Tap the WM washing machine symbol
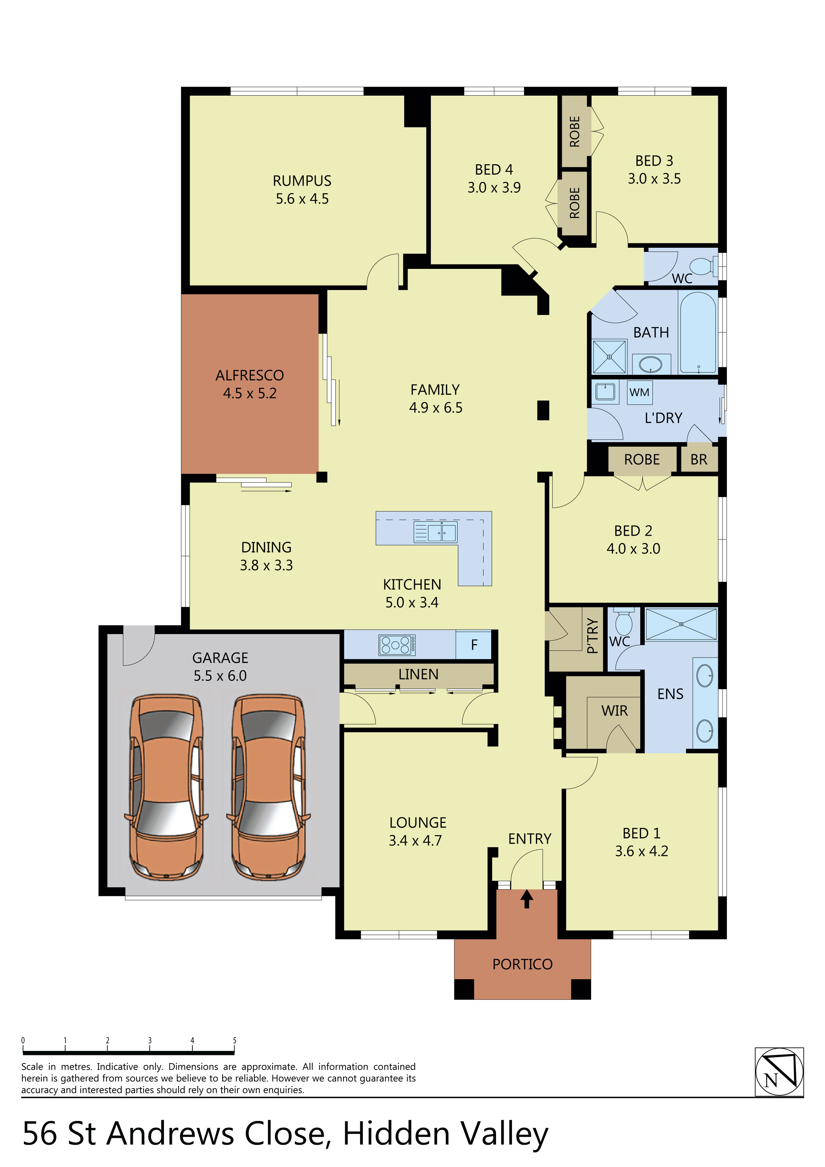639,392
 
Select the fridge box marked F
474,645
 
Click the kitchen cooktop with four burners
397,645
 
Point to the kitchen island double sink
435,533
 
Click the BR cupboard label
698,459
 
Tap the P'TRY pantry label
592,636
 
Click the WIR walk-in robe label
615,711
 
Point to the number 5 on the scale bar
234,1041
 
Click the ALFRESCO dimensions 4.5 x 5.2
249,393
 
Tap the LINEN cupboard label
418,675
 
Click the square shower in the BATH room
609,357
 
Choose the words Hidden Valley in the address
445,1134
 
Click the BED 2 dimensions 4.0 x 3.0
633,549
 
